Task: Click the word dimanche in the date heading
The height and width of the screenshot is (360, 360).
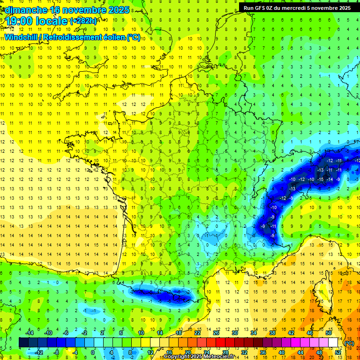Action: click(x=23, y=10)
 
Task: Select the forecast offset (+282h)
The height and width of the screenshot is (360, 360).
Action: click(x=83, y=21)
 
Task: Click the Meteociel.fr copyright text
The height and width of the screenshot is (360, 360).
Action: click(x=202, y=357)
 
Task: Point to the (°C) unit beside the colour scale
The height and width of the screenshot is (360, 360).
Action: click(x=349, y=343)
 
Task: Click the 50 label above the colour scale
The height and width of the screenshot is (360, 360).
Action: click(x=329, y=332)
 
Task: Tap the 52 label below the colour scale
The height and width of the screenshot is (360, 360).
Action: click(x=338, y=352)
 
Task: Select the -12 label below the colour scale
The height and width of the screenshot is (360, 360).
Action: click(x=39, y=352)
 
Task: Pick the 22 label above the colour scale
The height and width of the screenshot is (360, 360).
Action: click(x=197, y=332)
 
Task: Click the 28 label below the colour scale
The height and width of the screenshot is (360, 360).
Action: click(x=225, y=352)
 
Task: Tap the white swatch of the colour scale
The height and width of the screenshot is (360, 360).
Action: click(x=333, y=342)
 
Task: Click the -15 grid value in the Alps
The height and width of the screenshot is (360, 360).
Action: click(x=321, y=180)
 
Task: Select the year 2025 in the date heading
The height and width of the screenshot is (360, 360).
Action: click(x=118, y=10)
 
